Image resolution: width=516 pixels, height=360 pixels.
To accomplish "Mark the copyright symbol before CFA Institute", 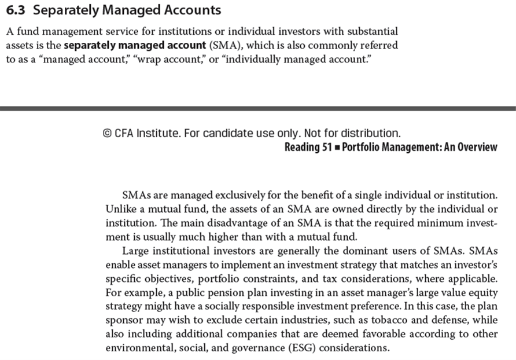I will tap(107, 133).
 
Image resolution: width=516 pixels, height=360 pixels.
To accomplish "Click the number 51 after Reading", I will tap(326, 147).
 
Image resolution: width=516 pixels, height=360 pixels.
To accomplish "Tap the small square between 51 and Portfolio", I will tap(337, 147).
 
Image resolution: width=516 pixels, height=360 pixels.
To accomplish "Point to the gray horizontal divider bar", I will tap(258, 108).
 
